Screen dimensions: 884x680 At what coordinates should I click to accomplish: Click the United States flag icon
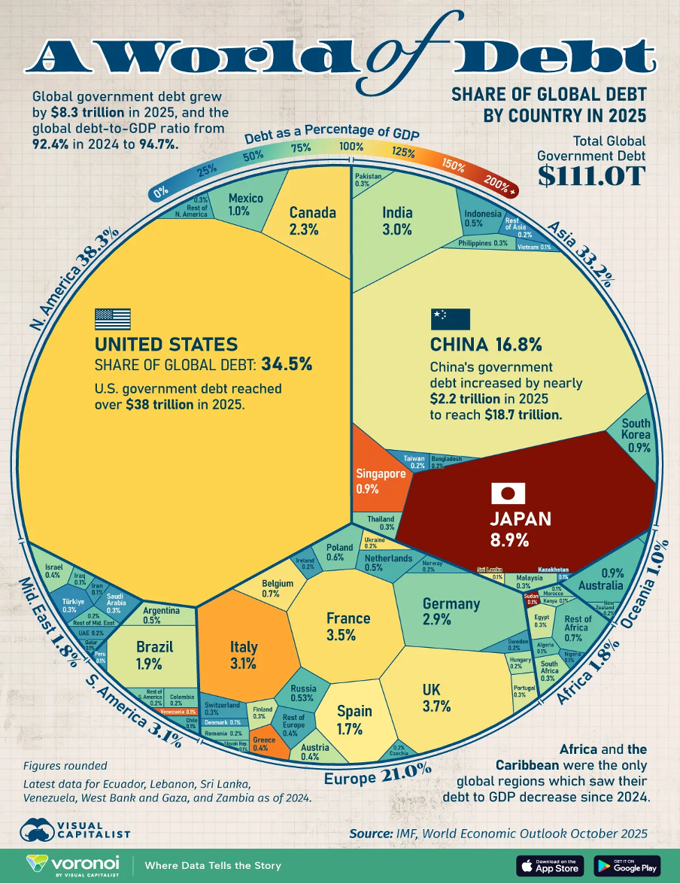tap(112, 320)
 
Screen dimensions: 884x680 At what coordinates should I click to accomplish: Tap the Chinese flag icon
tap(450, 319)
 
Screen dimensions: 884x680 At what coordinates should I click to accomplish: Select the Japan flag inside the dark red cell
tap(508, 494)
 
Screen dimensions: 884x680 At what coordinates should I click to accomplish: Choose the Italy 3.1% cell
tap(244, 655)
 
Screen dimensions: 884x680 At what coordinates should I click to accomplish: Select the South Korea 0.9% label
tap(636, 434)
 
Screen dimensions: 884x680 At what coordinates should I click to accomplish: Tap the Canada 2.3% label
tap(312, 220)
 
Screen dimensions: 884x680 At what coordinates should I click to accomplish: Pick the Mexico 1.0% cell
tap(245, 205)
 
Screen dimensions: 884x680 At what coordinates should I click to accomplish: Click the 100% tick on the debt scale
tap(351, 146)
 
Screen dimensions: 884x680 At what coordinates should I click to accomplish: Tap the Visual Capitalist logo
tap(75, 828)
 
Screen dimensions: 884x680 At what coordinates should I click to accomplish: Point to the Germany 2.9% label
tap(451, 612)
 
